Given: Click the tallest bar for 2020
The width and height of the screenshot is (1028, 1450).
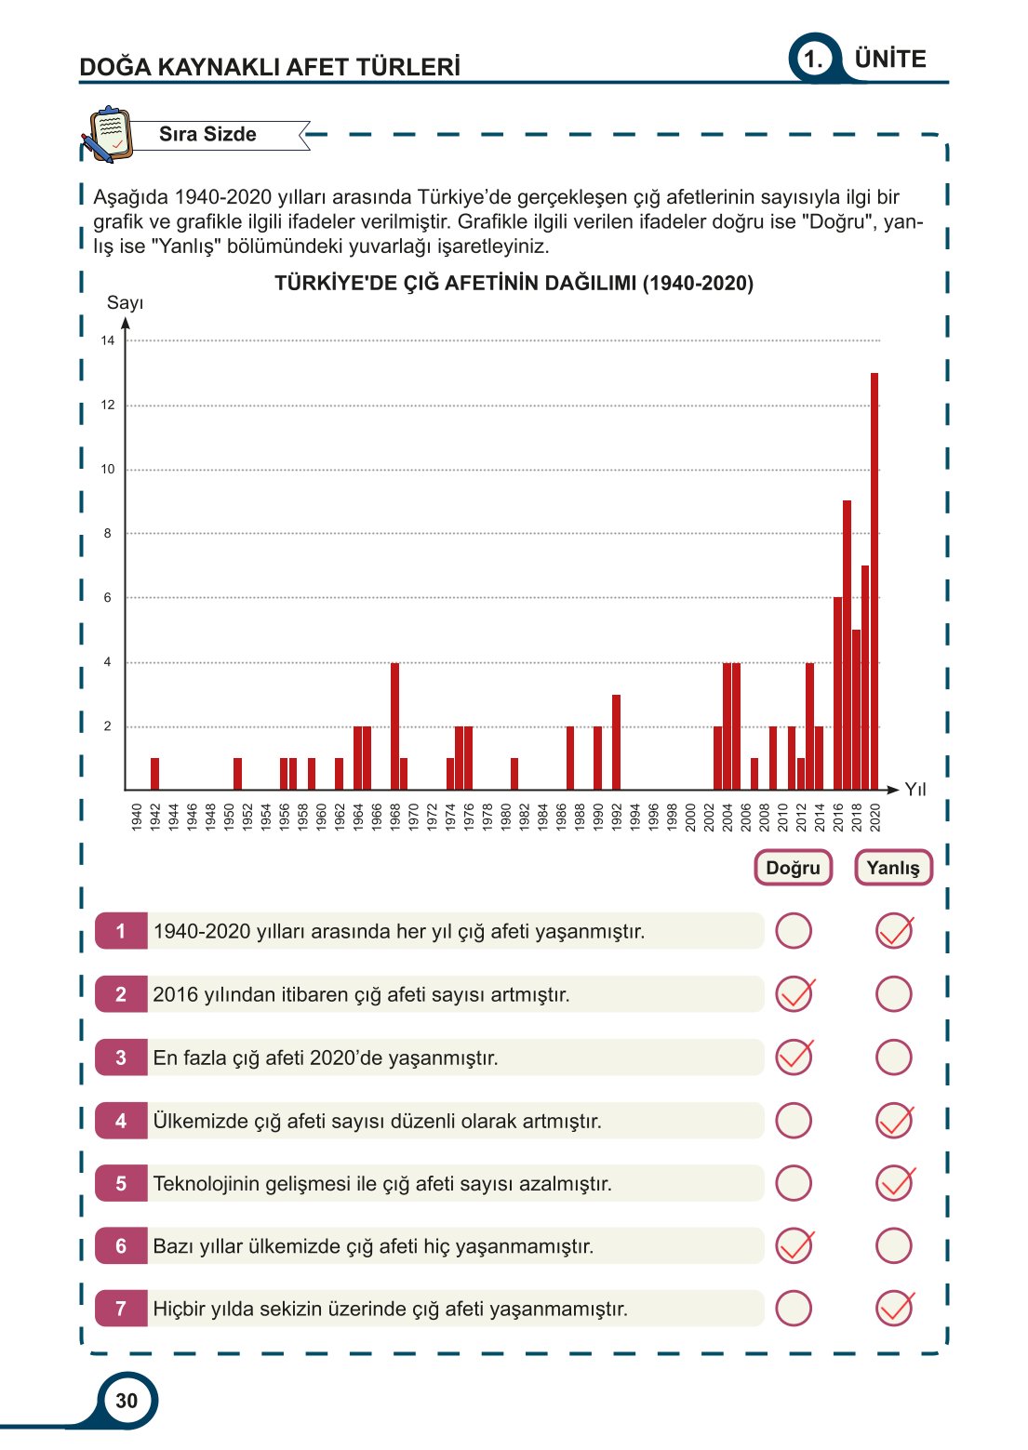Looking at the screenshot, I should (874, 581).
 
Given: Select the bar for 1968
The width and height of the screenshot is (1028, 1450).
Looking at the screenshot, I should (394, 726).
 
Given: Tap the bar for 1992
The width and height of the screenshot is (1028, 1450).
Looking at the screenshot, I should (616, 742).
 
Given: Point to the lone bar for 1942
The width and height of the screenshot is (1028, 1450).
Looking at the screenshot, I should (154, 774).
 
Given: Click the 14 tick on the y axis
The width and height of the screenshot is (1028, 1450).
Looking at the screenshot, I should (108, 341).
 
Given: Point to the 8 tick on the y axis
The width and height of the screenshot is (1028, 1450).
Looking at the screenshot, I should (108, 534).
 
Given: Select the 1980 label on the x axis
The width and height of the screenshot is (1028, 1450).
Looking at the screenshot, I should (506, 818).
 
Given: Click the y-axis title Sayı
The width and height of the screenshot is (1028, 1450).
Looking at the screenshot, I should (125, 302).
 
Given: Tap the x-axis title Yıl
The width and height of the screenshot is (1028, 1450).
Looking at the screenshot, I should (915, 790).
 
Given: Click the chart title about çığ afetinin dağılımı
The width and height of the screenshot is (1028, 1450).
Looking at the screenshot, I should (514, 284).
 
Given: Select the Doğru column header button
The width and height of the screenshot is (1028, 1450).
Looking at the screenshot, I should (793, 868).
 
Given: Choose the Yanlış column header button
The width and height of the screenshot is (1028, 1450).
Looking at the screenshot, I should (893, 868).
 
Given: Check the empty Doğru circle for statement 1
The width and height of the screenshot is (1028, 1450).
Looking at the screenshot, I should (794, 931).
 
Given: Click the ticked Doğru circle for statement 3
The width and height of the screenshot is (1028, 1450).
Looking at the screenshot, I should (794, 1058).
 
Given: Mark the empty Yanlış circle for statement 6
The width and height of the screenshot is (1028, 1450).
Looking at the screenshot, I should (894, 1246).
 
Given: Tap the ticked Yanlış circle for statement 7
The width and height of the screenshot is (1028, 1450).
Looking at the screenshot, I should (894, 1309).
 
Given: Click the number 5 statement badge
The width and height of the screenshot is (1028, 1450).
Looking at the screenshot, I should (121, 1184).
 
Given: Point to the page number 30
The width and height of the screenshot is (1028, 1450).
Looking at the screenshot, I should (127, 1401).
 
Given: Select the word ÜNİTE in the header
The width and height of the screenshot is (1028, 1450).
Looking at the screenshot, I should (890, 60).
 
